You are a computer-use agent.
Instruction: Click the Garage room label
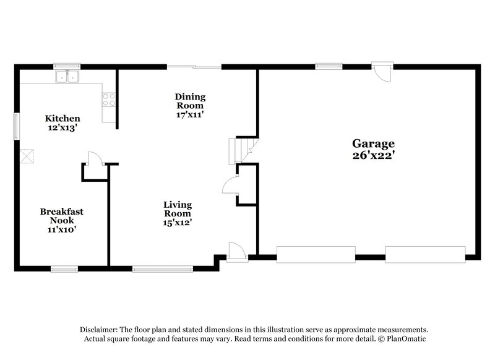tap(374, 144)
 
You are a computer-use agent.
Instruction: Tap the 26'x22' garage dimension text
tap(374, 156)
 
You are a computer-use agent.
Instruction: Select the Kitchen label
tap(62, 118)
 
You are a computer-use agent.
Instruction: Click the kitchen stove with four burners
tap(109, 100)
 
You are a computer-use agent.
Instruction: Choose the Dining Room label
tap(190, 101)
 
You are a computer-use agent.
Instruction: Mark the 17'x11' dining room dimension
tap(190, 114)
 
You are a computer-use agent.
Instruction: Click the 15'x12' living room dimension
tap(178, 223)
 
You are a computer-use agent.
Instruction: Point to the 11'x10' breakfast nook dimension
tap(62, 229)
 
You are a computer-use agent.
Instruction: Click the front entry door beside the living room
tap(236, 252)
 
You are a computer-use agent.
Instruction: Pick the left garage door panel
tap(316, 254)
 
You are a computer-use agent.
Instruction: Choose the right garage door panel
tap(425, 254)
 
